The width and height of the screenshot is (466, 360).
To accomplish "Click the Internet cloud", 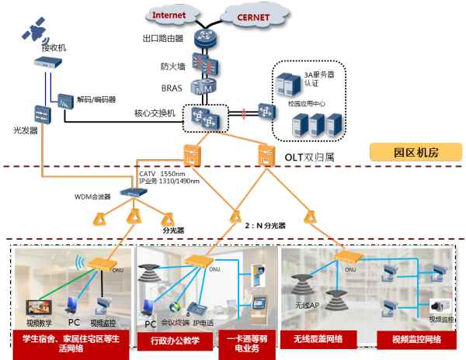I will (x=169, y=15).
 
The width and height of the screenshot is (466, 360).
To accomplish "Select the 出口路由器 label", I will (x=162, y=38).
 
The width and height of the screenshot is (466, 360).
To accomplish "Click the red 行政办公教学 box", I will (x=169, y=339).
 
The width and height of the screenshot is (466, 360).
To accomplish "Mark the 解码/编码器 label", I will (x=96, y=99).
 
